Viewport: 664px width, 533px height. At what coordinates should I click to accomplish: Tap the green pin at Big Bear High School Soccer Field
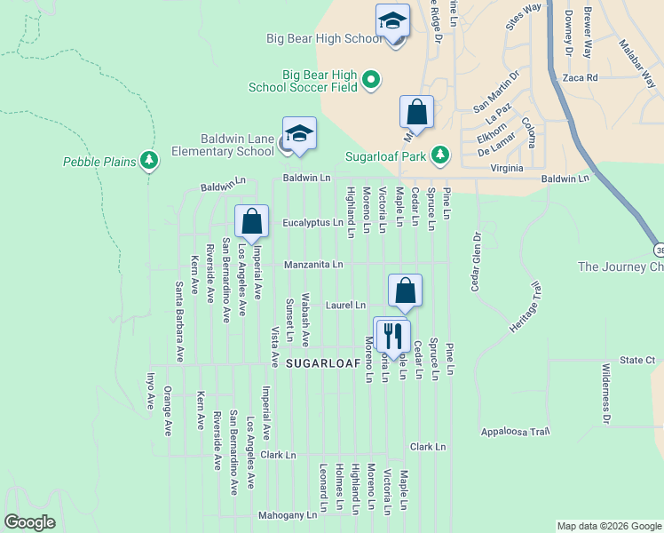tap(370, 80)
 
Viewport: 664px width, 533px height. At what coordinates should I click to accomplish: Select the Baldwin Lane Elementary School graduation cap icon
tap(299, 134)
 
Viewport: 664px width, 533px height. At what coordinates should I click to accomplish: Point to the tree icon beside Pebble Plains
tap(151, 161)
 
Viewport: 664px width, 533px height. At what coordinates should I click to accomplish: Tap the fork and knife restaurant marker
tap(392, 336)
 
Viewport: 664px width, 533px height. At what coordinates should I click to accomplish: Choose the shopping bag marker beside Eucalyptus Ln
tap(252, 222)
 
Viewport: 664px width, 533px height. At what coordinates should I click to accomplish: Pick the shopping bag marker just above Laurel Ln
tap(405, 290)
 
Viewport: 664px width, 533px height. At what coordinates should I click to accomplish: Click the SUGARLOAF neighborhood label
tap(322, 364)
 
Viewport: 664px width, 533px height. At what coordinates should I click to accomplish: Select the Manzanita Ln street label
tap(313, 265)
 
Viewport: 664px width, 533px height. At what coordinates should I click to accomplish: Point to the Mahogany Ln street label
tap(287, 515)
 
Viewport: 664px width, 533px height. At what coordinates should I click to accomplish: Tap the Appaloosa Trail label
tap(516, 433)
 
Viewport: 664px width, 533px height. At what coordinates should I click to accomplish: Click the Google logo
tap(29, 522)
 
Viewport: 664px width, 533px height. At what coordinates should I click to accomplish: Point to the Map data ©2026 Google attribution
tap(607, 526)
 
